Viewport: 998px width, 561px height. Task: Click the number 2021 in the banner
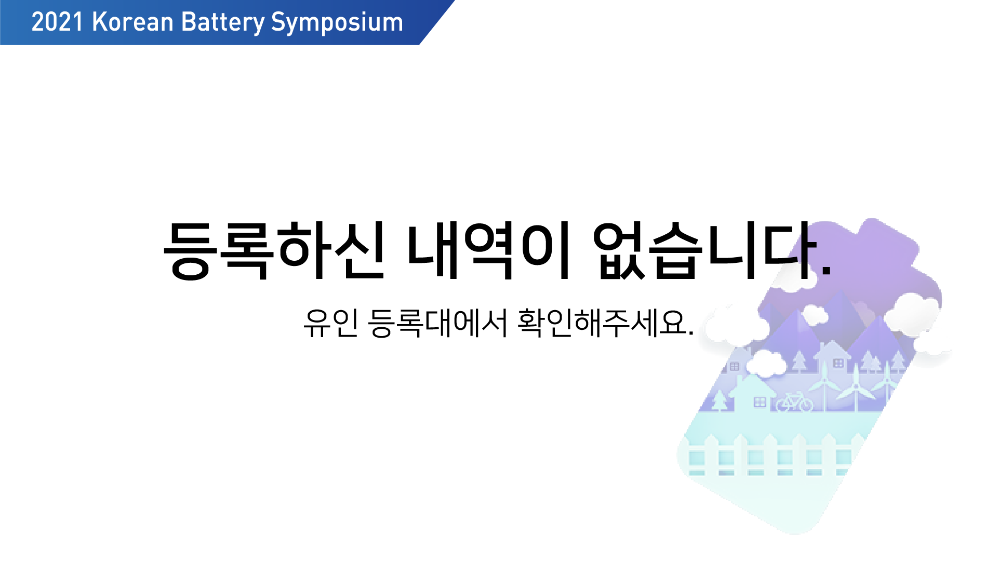(57, 22)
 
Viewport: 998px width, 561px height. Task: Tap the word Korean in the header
(132, 22)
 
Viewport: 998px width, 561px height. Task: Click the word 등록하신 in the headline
(274, 250)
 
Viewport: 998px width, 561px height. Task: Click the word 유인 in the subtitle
(331, 323)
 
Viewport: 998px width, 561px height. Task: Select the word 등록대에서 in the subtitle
(437, 323)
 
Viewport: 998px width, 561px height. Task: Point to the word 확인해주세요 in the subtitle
(601, 323)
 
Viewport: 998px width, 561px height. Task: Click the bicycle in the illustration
(794, 402)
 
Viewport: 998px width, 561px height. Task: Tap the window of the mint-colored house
(760, 402)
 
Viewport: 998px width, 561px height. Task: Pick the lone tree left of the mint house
(719, 400)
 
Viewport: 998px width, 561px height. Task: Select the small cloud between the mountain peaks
(815, 314)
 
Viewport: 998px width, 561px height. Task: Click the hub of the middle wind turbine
(856, 386)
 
